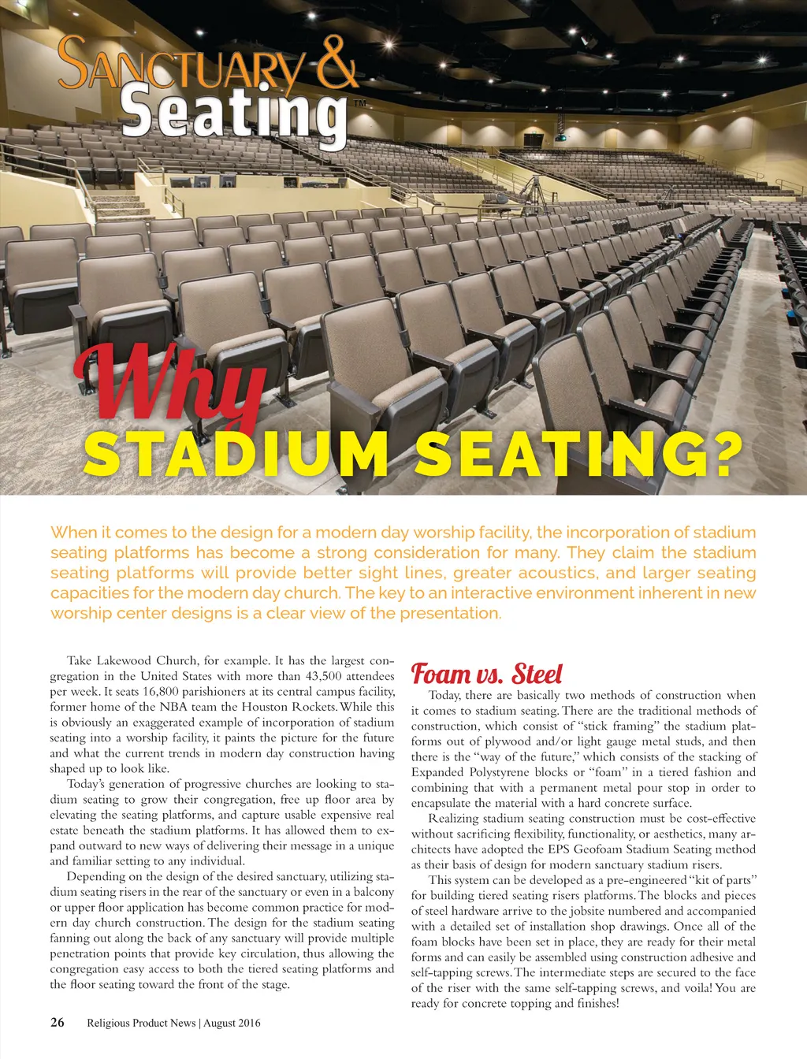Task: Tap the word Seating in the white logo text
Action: tap(235, 116)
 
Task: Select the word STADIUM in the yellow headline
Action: tap(236, 455)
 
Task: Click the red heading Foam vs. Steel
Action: tap(487, 674)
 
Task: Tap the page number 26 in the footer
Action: tap(58, 1023)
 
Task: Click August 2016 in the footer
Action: tap(233, 1023)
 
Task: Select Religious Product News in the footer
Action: tap(141, 1023)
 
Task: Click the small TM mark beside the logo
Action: tap(359, 102)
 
